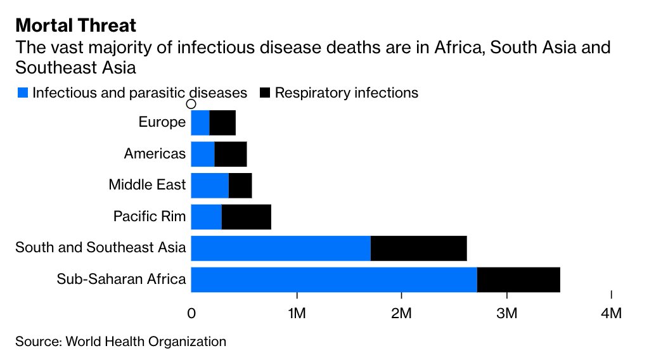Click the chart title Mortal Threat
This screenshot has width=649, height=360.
click(75, 25)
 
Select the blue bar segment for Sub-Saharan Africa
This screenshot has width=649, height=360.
click(333, 280)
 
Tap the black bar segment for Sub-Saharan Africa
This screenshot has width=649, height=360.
click(518, 280)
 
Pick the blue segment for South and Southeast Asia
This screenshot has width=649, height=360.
click(280, 248)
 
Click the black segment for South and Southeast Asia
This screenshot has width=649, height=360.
click(418, 248)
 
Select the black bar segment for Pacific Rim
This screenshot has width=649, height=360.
click(246, 217)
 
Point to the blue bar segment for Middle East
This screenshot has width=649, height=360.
click(209, 185)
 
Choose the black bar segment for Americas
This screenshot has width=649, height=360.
click(230, 153)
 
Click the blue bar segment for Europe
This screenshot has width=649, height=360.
click(200, 122)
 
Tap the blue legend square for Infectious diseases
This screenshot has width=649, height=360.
click(22, 93)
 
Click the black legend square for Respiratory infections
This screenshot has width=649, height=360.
click(265, 93)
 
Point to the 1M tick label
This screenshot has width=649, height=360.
click(296, 313)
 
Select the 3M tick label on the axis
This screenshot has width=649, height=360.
click(506, 313)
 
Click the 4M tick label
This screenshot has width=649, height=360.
click(611, 313)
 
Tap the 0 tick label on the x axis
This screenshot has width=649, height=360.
click(191, 313)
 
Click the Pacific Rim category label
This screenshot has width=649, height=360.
click(150, 217)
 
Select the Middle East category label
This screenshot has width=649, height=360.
click(147, 185)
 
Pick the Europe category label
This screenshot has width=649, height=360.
click(162, 122)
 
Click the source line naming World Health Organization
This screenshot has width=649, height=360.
click(120, 342)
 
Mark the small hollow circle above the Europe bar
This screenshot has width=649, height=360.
click(191, 105)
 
